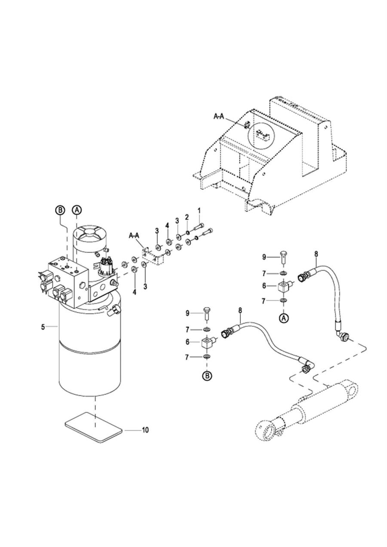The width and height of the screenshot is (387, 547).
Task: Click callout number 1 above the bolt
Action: (199, 210)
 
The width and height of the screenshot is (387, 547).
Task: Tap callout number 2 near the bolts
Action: (187, 217)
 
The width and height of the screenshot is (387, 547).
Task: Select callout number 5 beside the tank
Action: (43, 327)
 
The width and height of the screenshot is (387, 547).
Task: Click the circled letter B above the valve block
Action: (60, 210)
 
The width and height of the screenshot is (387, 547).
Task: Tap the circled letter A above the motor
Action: (77, 210)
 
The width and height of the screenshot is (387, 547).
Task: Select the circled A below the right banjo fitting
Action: (283, 318)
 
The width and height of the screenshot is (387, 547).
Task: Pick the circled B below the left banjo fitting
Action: (207, 382)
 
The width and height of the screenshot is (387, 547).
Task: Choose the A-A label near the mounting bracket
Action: (134, 235)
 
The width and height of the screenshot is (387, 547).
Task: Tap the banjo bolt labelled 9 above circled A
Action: (283, 257)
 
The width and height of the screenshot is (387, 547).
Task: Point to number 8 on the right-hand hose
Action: (316, 254)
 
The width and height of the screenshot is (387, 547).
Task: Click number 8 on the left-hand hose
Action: (240, 310)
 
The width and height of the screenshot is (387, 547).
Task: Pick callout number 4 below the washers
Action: (134, 292)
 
